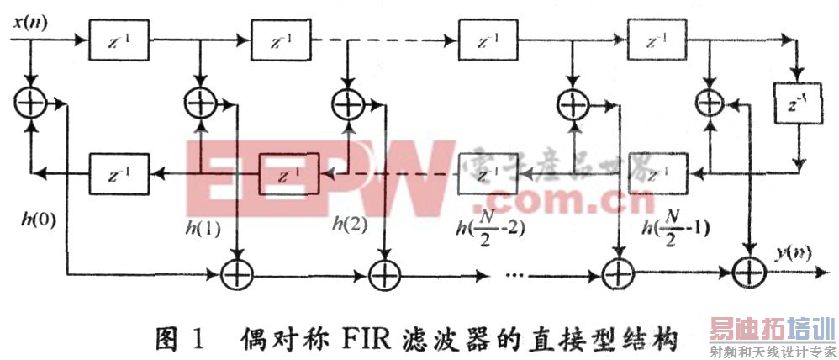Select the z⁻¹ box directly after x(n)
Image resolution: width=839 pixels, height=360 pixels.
119,40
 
